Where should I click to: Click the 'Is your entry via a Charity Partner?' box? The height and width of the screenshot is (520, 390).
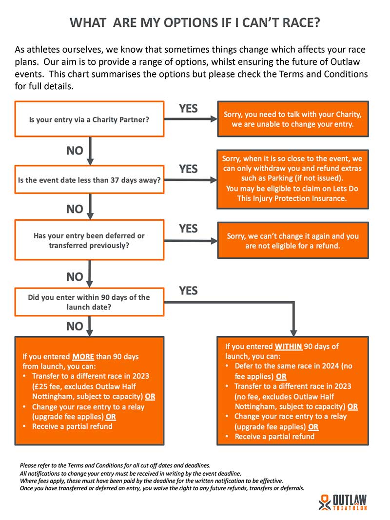pos(89,119)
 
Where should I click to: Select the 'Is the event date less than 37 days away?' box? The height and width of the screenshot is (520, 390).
pos(89,180)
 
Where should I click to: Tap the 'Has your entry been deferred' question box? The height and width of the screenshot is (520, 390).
pos(89,240)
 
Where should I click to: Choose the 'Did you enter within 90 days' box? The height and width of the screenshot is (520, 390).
pos(89,302)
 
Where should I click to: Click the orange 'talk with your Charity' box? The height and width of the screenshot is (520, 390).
pos(293,119)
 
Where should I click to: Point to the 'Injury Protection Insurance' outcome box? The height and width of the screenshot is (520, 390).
pos(292,179)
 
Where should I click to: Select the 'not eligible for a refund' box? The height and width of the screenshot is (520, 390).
pos(293,240)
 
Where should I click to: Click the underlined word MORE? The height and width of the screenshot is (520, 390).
pos(83,357)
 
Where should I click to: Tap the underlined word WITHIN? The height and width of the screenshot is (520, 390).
pos(288,347)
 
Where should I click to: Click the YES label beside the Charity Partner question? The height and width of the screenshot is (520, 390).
pos(188,109)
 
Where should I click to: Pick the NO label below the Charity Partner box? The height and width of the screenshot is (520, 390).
pos(75,151)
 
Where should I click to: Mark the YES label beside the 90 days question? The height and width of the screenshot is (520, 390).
pos(188,290)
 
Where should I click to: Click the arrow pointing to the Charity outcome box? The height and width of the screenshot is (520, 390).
pos(191,119)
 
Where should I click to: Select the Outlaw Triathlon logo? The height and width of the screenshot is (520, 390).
pos(343,502)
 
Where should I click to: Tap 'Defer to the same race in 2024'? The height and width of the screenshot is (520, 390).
pos(287,366)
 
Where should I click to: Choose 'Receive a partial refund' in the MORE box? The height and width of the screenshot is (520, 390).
pos(72,426)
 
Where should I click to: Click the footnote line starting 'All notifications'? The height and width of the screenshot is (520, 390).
pos(130,474)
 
